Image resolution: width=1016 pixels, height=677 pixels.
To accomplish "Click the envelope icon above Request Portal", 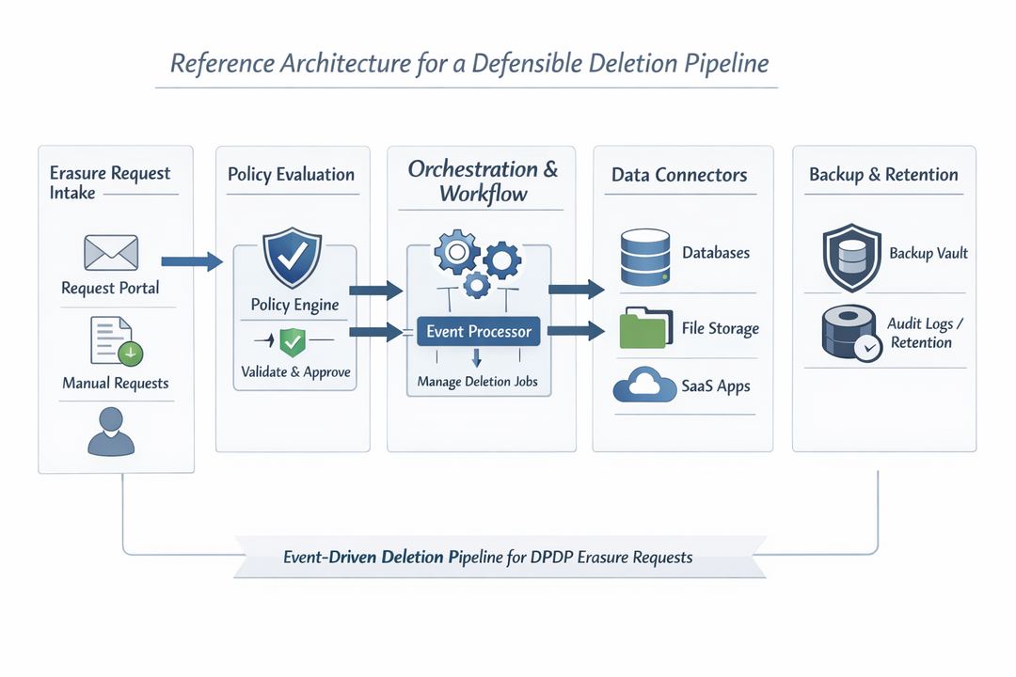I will coord(111,253).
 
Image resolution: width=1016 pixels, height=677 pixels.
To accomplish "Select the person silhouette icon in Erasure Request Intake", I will coord(110,433).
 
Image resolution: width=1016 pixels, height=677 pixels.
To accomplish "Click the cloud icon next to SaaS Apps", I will coord(644,386).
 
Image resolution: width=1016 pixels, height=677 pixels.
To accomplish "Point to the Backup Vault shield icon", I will coord(851,256).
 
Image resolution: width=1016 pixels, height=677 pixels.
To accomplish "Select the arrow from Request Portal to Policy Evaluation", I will coord(192,261).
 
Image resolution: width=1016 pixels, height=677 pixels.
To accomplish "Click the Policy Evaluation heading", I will coord(291,174).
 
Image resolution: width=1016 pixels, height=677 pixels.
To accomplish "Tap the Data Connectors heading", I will coord(679,175).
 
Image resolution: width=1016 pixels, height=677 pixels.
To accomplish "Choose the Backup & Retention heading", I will coord(883,175).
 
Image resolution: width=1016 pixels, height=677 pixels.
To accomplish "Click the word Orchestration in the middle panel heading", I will coord(473,169).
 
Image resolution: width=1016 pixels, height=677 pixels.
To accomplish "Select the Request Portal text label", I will coord(110,288).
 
